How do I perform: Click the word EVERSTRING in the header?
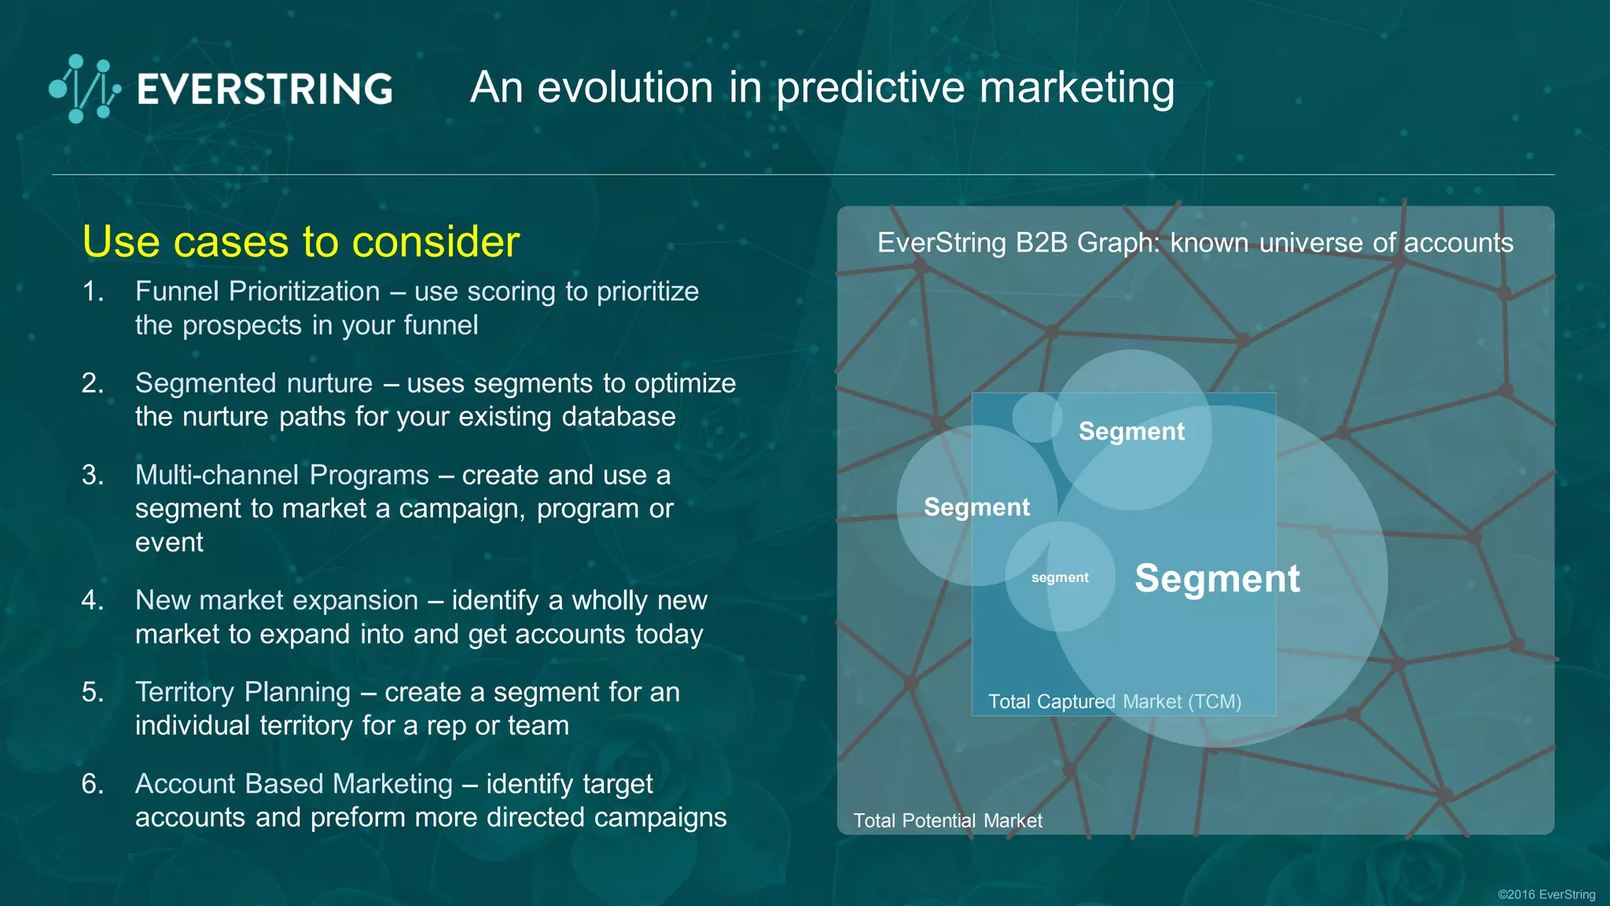coord(265,89)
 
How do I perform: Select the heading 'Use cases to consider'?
coord(300,241)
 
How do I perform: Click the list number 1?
coord(93,292)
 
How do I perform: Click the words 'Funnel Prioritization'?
coord(257,292)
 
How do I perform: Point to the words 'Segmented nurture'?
coord(253,383)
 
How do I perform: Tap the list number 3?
coord(93,475)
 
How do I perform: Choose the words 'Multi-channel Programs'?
coord(281,475)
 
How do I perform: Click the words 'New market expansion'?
coord(276,600)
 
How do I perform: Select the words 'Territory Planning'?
coord(242,692)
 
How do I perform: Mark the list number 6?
coord(93,784)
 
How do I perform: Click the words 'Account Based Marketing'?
coord(293,784)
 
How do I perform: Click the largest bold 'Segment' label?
coord(1217,579)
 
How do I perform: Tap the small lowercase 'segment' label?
coord(1060,577)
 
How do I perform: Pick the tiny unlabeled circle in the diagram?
coord(1036,417)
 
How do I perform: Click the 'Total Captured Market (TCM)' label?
coord(1115,702)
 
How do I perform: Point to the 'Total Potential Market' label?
coord(947,821)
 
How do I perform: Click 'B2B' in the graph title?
coord(1042,243)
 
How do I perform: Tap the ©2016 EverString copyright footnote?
coord(1546,894)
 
